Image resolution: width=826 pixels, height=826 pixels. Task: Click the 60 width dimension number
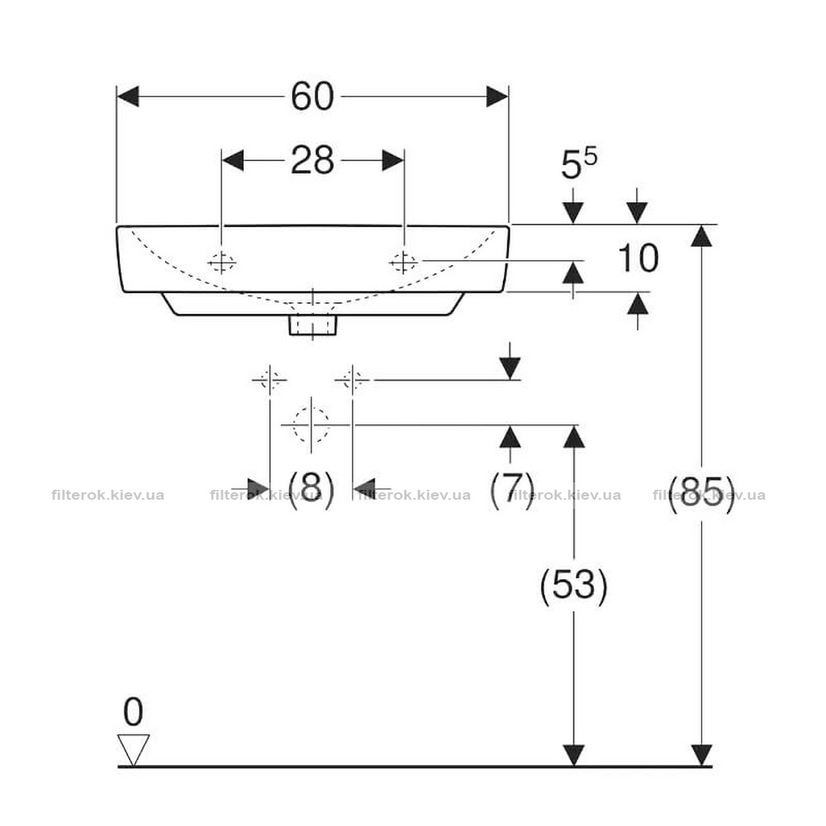pos(312,97)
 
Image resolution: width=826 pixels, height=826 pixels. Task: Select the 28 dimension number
pos(312,160)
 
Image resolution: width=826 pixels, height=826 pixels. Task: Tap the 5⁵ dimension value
pos(578,163)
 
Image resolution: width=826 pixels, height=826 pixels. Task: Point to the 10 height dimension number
pos(638,258)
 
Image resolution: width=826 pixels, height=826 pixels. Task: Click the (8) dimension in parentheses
pos(311,489)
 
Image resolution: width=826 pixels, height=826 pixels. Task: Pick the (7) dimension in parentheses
pos(512,489)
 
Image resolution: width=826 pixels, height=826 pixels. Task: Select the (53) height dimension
pos(574,586)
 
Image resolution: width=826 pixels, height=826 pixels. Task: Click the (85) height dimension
pos(701,494)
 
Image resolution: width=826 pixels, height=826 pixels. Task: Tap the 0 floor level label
pos(133,712)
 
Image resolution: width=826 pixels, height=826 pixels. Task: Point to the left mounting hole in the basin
pos(221,262)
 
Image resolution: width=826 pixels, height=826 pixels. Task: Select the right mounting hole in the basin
pos(404,261)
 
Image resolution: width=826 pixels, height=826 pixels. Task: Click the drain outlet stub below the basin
pos(313,325)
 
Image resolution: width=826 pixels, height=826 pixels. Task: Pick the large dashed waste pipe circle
pos(311,425)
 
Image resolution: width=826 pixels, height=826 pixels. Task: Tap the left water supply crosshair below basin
pos(270,379)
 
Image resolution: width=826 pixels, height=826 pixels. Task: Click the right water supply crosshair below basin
pos(353,379)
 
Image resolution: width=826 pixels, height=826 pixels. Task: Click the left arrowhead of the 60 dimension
pos(127,97)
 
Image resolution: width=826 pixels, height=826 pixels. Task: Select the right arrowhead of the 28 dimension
pos(393,160)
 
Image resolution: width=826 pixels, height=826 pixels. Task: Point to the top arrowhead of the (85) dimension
pos(701,235)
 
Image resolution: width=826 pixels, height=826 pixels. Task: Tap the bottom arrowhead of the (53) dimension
pos(574,755)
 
